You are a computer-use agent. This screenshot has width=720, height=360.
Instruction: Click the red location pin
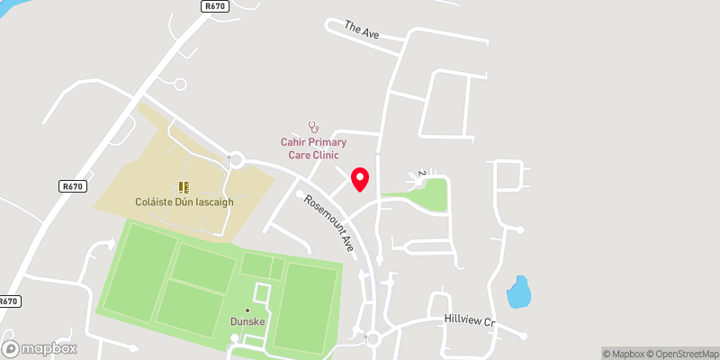click(360, 179)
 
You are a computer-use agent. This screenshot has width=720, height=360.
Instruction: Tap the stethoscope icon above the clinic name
click(313, 127)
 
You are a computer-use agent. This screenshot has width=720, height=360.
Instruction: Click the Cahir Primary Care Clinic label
click(313, 148)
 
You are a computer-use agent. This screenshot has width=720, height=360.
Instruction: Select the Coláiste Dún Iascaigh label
click(184, 202)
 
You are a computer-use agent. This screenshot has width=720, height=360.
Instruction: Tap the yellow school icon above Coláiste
click(184, 187)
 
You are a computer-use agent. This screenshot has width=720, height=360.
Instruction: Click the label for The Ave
click(363, 29)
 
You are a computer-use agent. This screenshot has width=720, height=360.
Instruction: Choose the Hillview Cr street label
click(470, 320)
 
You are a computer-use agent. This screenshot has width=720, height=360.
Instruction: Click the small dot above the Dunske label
click(247, 310)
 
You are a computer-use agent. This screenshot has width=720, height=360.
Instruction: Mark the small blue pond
click(518, 292)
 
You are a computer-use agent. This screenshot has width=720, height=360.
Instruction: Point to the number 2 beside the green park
click(421, 173)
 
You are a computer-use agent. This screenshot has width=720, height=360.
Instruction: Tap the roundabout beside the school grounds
click(236, 160)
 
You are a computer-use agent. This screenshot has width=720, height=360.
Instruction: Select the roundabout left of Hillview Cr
click(373, 339)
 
